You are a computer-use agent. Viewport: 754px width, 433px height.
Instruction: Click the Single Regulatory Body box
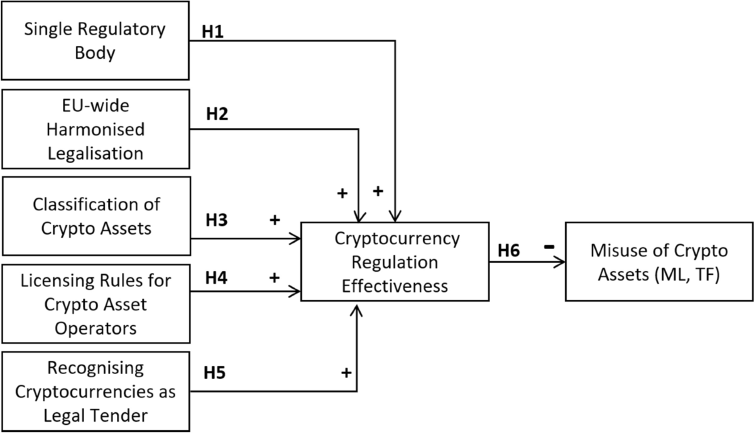95,40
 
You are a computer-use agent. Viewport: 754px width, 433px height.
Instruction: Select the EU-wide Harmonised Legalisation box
95,129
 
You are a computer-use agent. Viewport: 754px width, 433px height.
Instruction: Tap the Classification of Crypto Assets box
95,216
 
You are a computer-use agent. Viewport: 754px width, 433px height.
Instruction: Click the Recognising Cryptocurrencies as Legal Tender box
95,392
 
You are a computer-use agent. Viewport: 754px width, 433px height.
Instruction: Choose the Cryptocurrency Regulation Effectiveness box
395,262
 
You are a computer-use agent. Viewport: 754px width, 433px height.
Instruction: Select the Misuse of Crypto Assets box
658,261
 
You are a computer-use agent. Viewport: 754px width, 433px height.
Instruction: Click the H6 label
510,250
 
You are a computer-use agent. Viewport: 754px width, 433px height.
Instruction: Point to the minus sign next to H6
549,247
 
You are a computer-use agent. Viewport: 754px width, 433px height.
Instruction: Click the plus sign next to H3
274,221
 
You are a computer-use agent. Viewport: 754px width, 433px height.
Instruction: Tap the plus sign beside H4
274,276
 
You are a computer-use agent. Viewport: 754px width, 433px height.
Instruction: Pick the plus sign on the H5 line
346,373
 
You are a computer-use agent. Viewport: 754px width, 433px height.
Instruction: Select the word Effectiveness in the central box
396,286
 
